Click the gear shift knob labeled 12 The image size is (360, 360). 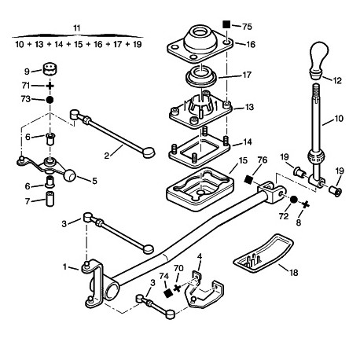(x=319, y=60)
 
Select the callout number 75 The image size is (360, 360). (x=247, y=27)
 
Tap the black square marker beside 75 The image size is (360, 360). (x=226, y=24)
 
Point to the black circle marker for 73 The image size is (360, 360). (x=50, y=100)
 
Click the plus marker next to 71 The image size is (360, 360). (x=50, y=86)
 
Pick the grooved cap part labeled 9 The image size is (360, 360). (x=50, y=68)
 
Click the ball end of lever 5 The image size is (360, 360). (x=69, y=175)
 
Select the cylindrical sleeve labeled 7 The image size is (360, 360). (x=50, y=199)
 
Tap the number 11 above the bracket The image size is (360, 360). (x=76, y=28)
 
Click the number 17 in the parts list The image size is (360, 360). (x=117, y=44)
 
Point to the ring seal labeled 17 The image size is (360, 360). (x=201, y=77)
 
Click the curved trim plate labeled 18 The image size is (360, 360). (x=263, y=252)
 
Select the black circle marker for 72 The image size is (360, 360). (x=293, y=200)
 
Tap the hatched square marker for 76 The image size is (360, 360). (x=248, y=180)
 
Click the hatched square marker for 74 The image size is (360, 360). (x=167, y=292)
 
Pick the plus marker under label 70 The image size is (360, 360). (x=177, y=288)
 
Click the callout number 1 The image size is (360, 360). (x=65, y=266)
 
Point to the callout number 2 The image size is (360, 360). (x=107, y=156)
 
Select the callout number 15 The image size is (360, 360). (x=243, y=160)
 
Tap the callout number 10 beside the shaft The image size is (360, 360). (x=339, y=119)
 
